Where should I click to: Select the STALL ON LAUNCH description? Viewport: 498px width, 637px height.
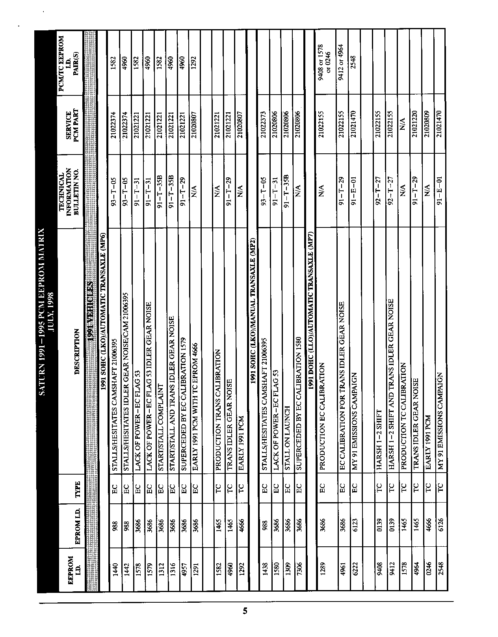(x=288, y=442)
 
